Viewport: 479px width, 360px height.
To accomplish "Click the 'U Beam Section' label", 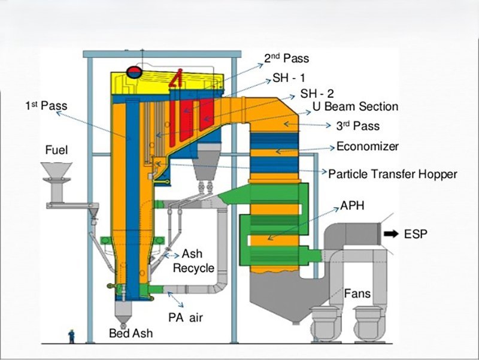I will (356, 107).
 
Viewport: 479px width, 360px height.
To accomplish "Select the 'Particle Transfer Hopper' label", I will (393, 174).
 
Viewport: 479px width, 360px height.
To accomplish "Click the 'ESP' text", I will (416, 234).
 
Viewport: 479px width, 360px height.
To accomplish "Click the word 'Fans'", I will (357, 294).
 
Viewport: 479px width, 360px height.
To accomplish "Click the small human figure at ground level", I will (72, 335).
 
